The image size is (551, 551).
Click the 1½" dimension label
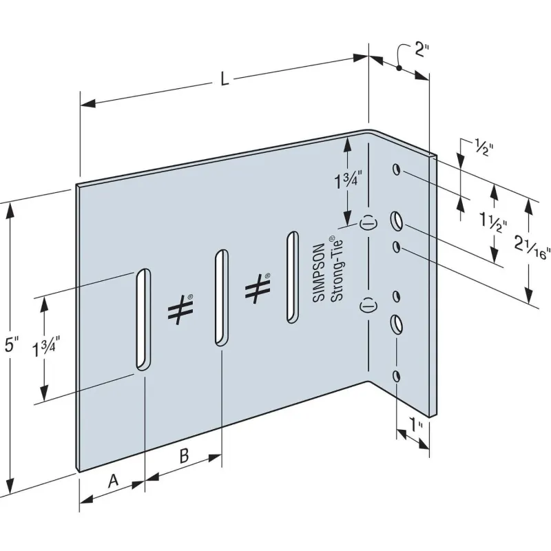coord(494,223)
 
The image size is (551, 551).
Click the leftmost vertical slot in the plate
coord(143,319)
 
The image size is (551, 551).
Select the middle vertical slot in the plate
coord(220,298)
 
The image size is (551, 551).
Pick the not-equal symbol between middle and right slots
coord(257,287)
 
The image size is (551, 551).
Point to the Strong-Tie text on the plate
coord(335,268)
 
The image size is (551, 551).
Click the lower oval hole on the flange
coord(397,322)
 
